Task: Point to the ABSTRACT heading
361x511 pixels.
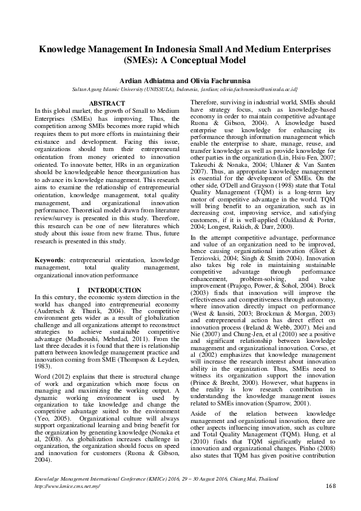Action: point(106,104)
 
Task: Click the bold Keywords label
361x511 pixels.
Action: point(49,259)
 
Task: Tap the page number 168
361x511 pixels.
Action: point(331,503)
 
